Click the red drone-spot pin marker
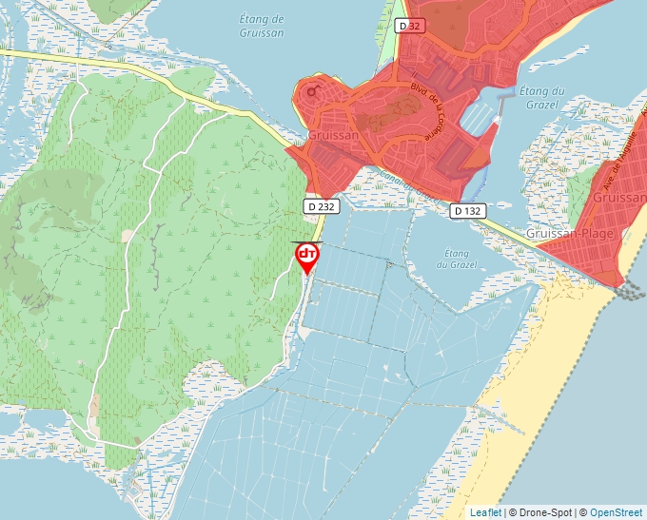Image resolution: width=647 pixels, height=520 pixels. (x=307, y=257)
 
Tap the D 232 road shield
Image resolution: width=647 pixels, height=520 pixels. (x=321, y=206)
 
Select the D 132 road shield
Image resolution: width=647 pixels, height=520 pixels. (x=469, y=210)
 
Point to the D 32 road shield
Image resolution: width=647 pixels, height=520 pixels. (x=409, y=26)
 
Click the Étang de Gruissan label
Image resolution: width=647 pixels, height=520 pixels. (x=263, y=26)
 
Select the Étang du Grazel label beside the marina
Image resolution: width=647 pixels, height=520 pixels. (x=543, y=98)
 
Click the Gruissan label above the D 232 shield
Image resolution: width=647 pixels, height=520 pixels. (x=334, y=136)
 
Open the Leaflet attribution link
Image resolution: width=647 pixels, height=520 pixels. (x=485, y=512)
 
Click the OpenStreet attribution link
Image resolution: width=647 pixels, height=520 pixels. (x=618, y=512)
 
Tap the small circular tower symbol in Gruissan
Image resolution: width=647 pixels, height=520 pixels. (x=311, y=92)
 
